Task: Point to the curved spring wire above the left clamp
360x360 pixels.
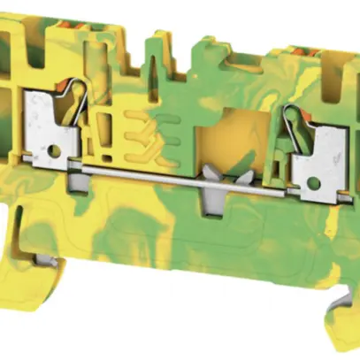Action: pos(76,97)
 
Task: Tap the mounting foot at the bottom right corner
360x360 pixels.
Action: pos(341,301)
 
